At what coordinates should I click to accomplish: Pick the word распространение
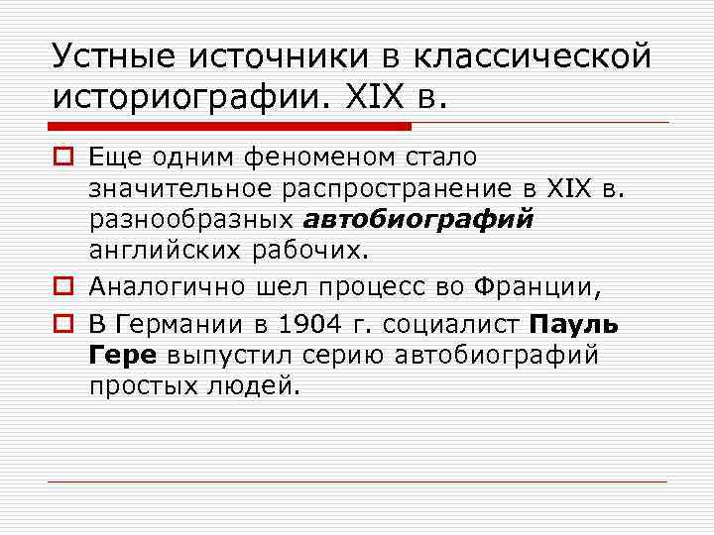point(398,189)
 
